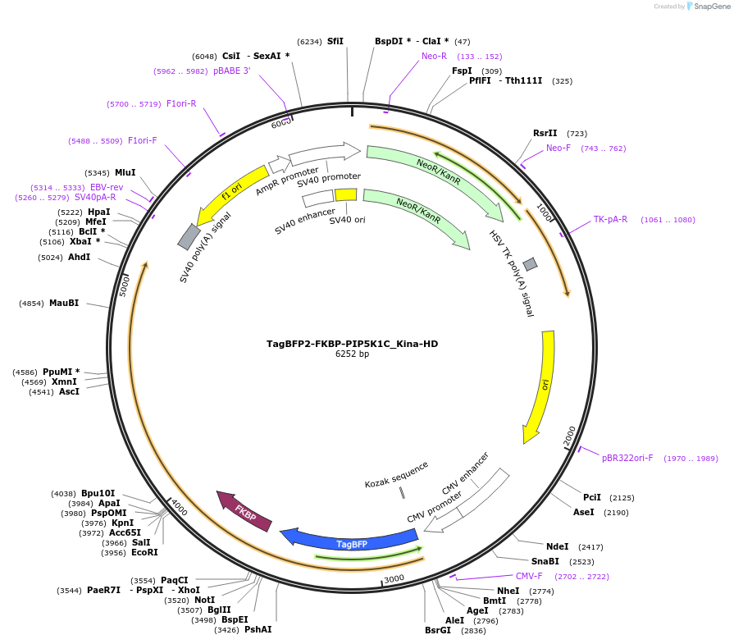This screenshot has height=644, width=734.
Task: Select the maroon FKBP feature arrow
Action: coord(244,511)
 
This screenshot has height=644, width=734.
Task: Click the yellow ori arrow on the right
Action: coord(542,386)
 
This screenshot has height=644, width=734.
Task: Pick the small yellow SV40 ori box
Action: coord(346,195)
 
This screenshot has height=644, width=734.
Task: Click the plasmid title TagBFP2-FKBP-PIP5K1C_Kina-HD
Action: coord(353,344)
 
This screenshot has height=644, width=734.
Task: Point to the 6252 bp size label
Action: coord(353,354)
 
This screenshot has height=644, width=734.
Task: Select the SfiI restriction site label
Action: coord(335,41)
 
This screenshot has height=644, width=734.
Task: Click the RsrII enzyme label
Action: coord(545,133)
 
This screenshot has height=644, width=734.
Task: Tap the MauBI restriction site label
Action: coord(64,304)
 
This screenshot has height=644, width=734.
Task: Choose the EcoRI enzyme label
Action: coord(144,552)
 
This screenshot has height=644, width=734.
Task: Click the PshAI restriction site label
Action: coord(258,629)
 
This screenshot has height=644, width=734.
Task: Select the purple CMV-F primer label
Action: coord(529,576)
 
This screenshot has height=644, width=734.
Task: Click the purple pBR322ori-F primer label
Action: coord(627,458)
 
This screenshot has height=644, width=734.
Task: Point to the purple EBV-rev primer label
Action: coord(107,187)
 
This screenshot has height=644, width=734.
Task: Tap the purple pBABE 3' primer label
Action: coord(232,71)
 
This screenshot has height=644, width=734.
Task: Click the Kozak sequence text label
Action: coord(397,475)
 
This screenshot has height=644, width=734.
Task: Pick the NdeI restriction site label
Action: coord(558,546)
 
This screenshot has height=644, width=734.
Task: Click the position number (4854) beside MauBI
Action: coord(31,304)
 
